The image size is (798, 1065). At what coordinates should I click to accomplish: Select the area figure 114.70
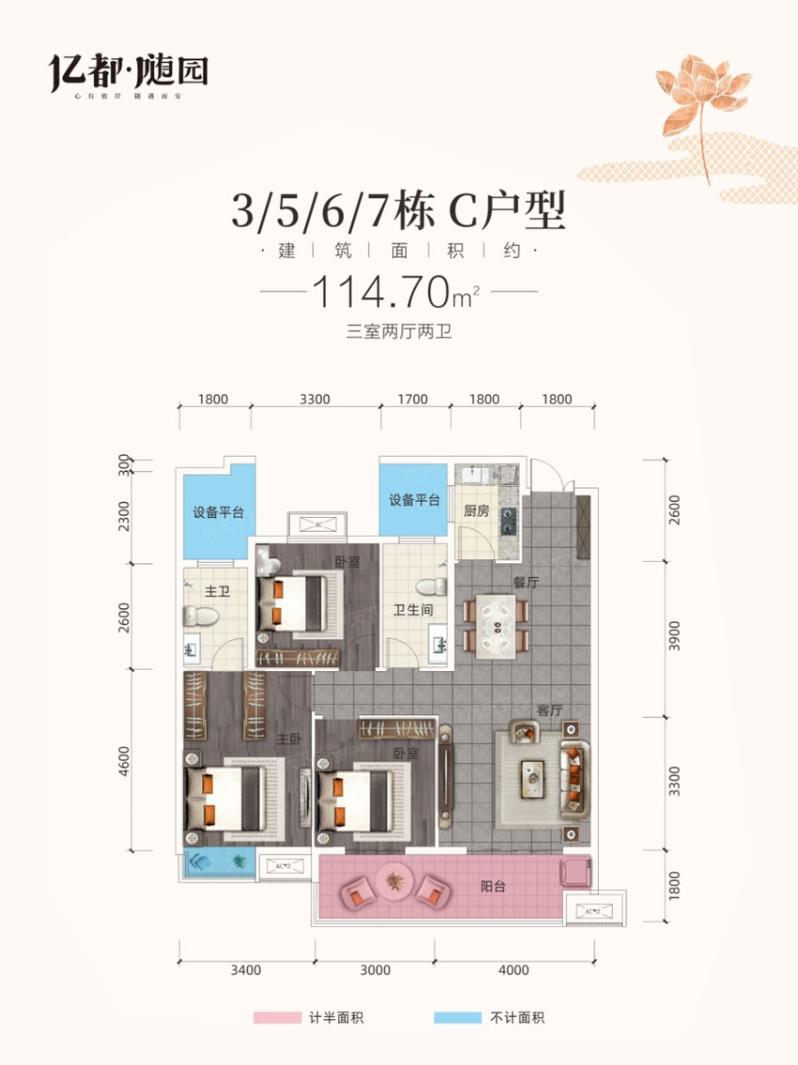coord(379,293)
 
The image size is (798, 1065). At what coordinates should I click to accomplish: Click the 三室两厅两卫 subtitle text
coord(399,330)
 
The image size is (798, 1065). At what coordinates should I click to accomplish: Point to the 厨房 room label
coord(477,512)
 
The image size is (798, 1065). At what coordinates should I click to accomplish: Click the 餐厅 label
coord(525,582)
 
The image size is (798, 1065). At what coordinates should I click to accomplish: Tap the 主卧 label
coord(287,739)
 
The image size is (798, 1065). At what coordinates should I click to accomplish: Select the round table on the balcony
coord(394,882)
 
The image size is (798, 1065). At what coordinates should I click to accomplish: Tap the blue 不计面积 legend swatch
coord(458,1017)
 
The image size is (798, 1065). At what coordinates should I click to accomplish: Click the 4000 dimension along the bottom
coord(514,970)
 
